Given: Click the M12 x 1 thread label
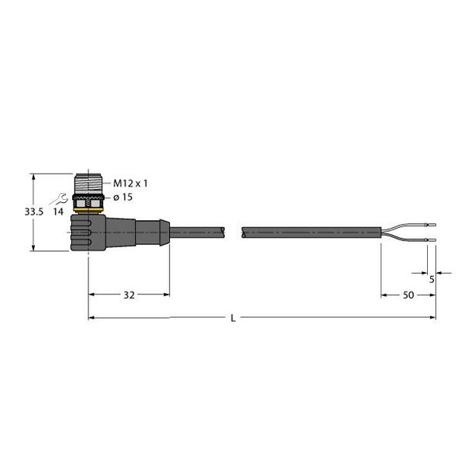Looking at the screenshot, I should coord(130,184).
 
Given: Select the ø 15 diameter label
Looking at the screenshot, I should coord(126,198).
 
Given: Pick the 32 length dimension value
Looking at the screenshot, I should coord(129,295).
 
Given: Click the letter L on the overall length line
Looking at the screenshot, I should coord(232,319).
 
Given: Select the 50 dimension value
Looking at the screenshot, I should coord(407,295).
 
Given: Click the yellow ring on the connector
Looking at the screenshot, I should coord(89,209).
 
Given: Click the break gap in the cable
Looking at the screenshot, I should coord(235,231).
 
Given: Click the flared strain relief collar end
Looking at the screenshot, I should coord(164,231).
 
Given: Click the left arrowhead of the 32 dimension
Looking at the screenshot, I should coord(92,294).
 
